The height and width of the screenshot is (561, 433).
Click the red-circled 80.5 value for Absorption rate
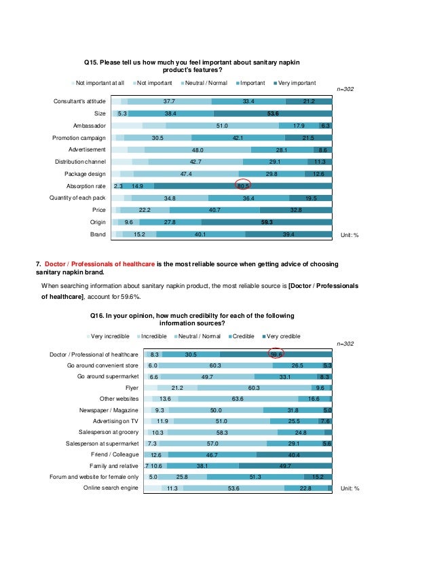(244, 185)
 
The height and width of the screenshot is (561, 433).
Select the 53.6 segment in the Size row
(274, 114)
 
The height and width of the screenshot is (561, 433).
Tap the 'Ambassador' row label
(89, 126)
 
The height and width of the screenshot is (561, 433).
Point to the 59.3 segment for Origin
(267, 221)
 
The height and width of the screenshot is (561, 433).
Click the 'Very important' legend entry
(294, 83)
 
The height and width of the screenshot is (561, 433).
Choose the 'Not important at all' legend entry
(99, 83)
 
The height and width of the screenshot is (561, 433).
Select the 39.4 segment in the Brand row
(288, 234)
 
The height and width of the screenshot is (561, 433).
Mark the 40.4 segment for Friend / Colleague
(295, 455)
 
